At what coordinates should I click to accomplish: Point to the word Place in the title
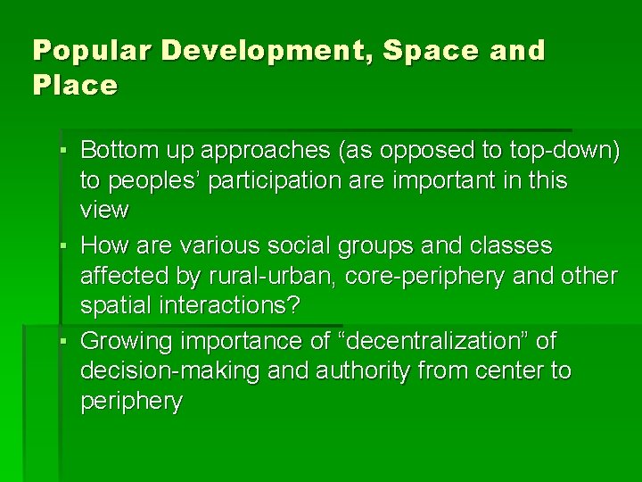coord(75,87)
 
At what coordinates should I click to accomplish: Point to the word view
coord(104,210)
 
